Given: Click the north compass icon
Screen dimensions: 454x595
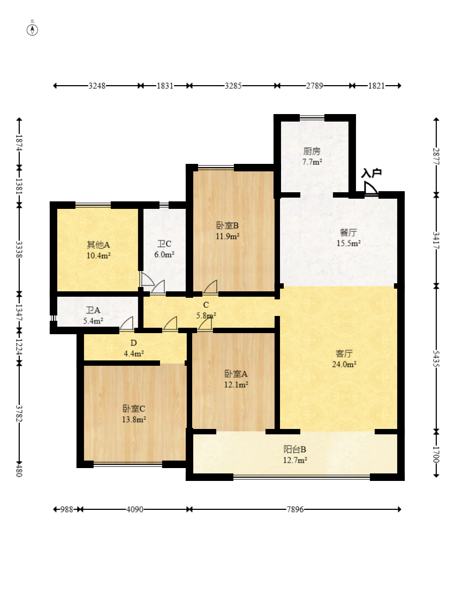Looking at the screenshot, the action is pos(33,29).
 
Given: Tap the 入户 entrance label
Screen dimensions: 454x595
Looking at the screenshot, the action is pos(371,174).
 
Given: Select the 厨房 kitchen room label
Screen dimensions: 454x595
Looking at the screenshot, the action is pos(312,152).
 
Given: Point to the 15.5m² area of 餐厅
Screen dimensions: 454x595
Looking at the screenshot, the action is pos(348,243).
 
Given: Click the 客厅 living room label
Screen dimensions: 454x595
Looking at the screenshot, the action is pos(344,353).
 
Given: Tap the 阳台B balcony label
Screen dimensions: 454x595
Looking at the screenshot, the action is pos(294,450).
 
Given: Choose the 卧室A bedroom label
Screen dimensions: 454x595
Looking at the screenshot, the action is pos(236,374).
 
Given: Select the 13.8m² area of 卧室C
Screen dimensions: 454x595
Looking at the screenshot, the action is pos(134,420).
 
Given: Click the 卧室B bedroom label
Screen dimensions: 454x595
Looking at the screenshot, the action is pos(228,226).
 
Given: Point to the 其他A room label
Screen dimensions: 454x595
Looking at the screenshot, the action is pos(98,245).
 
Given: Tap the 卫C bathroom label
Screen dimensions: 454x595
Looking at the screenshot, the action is pos(164,244).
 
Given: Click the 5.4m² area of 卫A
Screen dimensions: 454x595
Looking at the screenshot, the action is pos(93,321).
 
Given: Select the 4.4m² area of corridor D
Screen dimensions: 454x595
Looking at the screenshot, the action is pos(133,354).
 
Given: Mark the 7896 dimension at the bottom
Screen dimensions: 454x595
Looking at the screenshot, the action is pos(295,509).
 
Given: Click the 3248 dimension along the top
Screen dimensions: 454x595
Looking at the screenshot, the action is pos(97,86).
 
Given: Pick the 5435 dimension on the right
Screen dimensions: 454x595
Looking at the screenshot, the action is pos(436,358).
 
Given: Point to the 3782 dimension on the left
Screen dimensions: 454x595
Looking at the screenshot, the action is pos(19,413).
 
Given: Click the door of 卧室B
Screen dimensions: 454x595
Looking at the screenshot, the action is pos(210,287).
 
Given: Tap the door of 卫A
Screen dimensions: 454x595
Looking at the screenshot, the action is pos(127,323).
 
